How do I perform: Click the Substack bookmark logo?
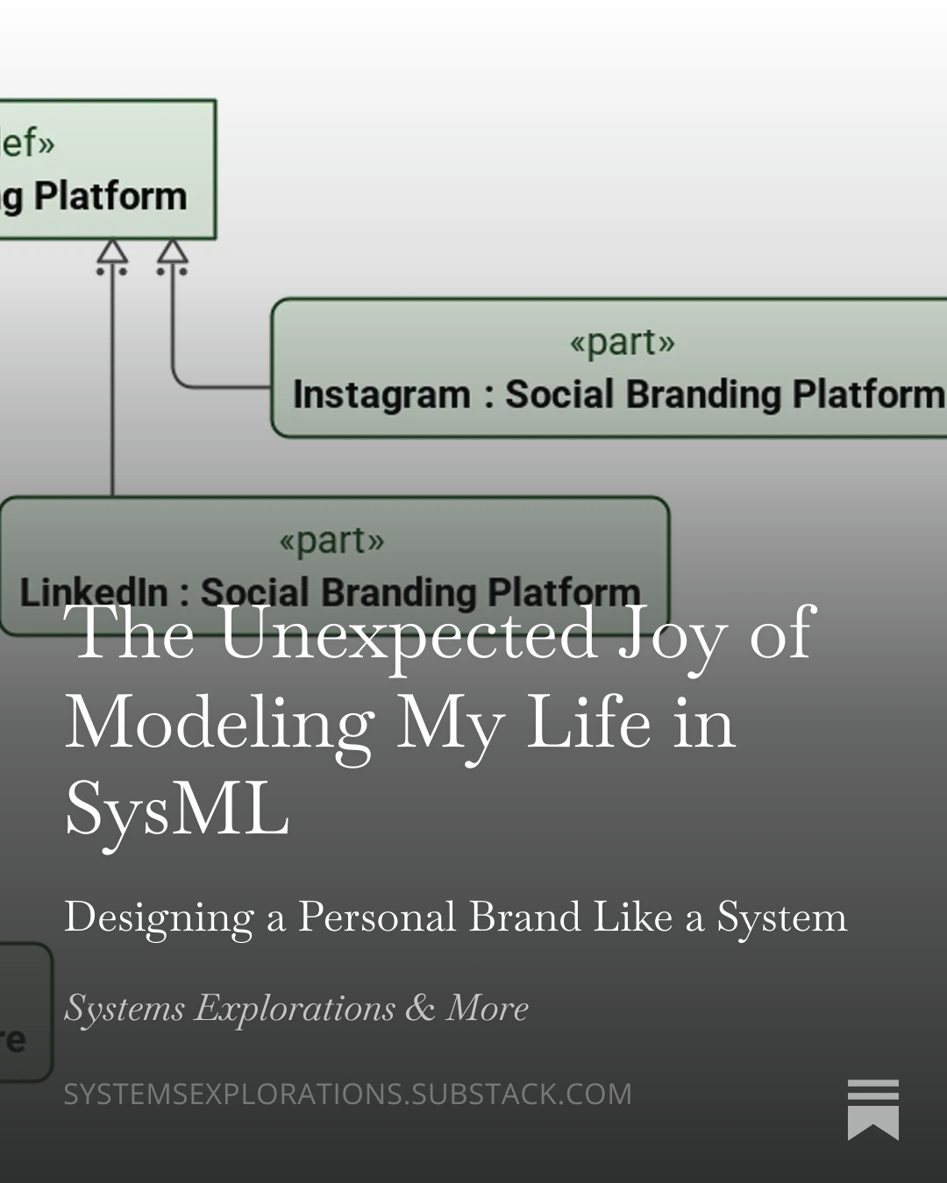(x=872, y=1109)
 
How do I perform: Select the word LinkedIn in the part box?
(x=93, y=592)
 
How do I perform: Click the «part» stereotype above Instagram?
(x=622, y=342)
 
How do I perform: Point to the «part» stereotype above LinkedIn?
(x=331, y=540)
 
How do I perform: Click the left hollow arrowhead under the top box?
(x=112, y=252)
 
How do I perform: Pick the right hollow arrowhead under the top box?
(x=172, y=252)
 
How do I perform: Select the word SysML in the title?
(x=176, y=809)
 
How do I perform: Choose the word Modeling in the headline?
(x=219, y=724)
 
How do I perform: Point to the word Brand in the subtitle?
(x=524, y=917)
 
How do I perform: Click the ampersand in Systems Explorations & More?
(x=420, y=1008)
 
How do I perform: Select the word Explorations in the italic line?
(x=295, y=1009)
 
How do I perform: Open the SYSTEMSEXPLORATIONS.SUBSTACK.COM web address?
(x=347, y=1094)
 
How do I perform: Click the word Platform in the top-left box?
(x=110, y=195)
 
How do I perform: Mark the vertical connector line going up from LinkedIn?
(x=112, y=386)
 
